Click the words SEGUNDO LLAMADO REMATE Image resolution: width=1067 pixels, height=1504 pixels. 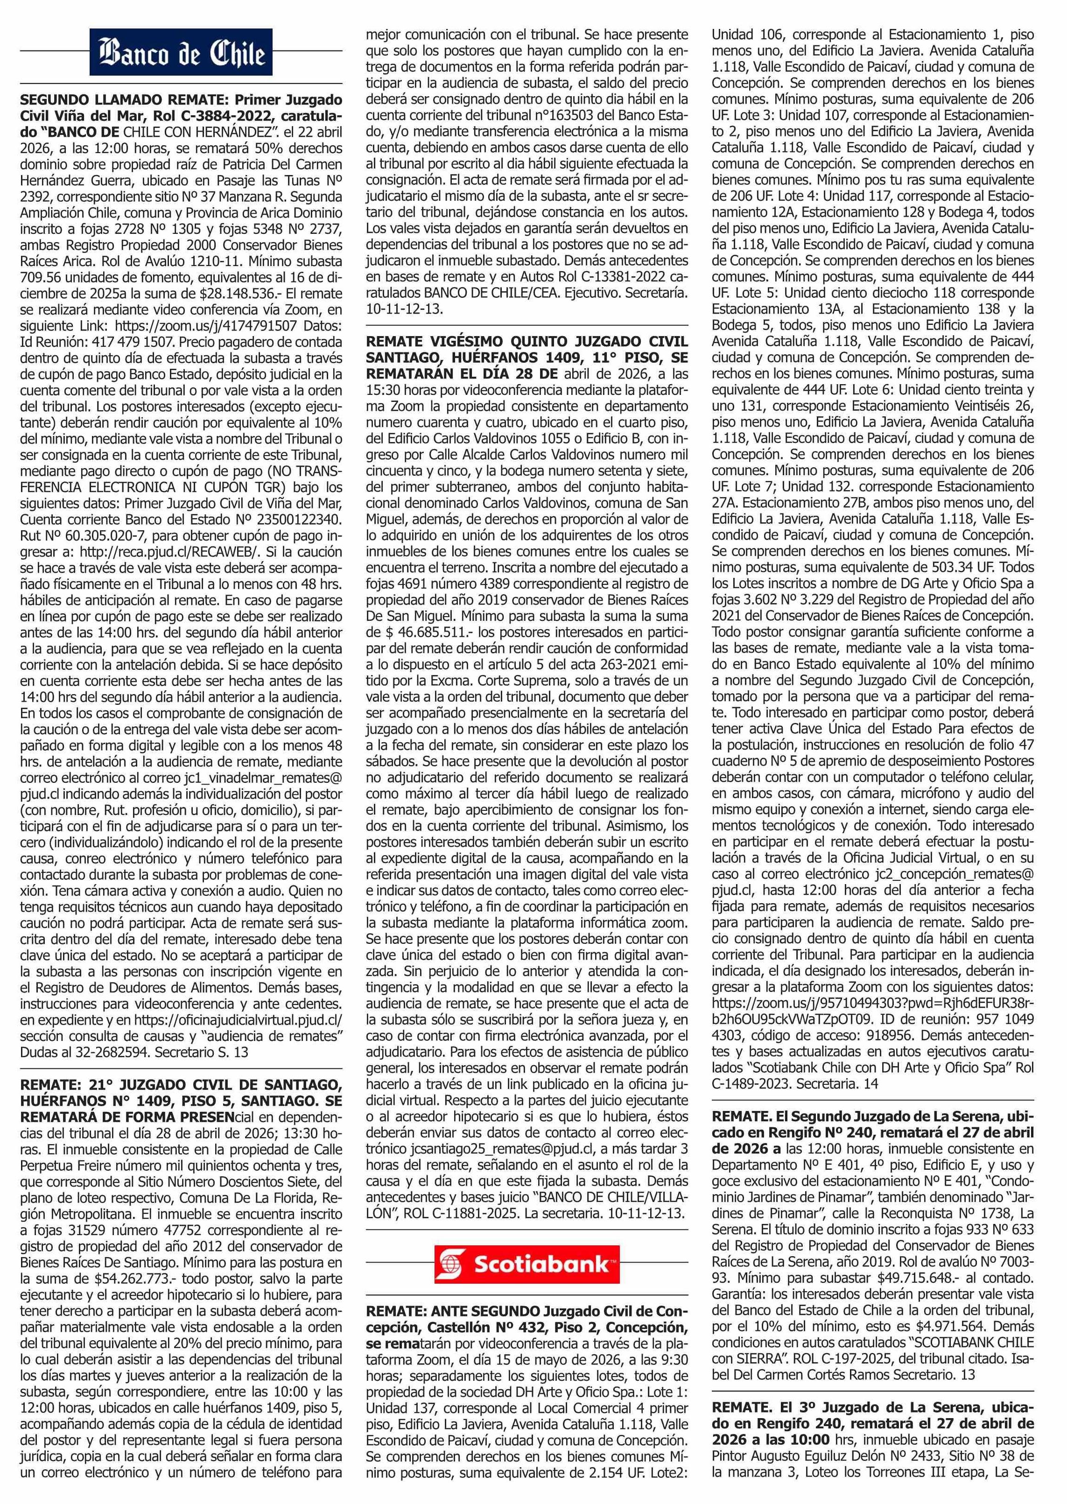click(x=92, y=100)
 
